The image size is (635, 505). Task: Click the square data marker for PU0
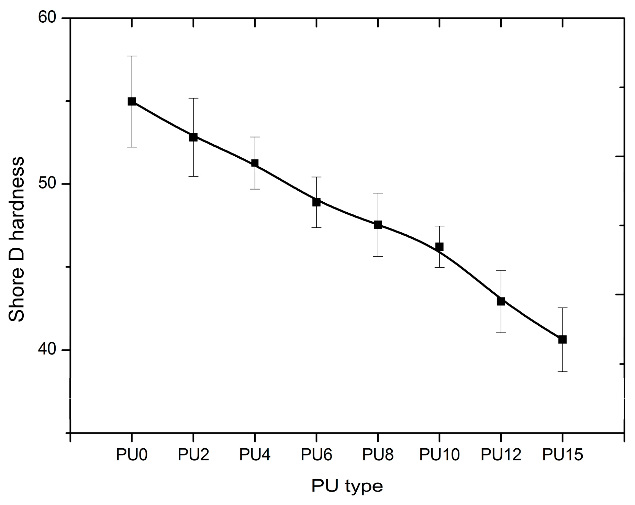(132, 101)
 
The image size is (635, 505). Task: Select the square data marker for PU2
(193, 137)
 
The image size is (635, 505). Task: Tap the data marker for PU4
(255, 163)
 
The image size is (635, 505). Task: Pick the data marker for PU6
(316, 202)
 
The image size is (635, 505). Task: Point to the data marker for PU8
(378, 225)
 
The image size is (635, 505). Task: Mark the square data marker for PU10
(439, 247)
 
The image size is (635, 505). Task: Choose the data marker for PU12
(501, 301)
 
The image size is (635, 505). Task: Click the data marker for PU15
(562, 339)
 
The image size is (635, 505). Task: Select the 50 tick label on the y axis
(47, 184)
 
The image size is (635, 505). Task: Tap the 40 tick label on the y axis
(47, 350)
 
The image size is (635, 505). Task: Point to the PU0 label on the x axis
(132, 455)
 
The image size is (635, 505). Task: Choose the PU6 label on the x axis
(316, 455)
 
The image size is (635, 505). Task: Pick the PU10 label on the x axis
(439, 455)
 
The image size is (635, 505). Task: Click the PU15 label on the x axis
(562, 455)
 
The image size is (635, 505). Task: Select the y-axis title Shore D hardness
(16, 239)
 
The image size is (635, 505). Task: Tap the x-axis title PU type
(347, 486)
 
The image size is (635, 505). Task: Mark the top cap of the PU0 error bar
(132, 56)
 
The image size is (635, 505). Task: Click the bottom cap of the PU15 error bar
(562, 372)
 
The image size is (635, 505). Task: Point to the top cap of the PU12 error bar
(501, 271)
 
